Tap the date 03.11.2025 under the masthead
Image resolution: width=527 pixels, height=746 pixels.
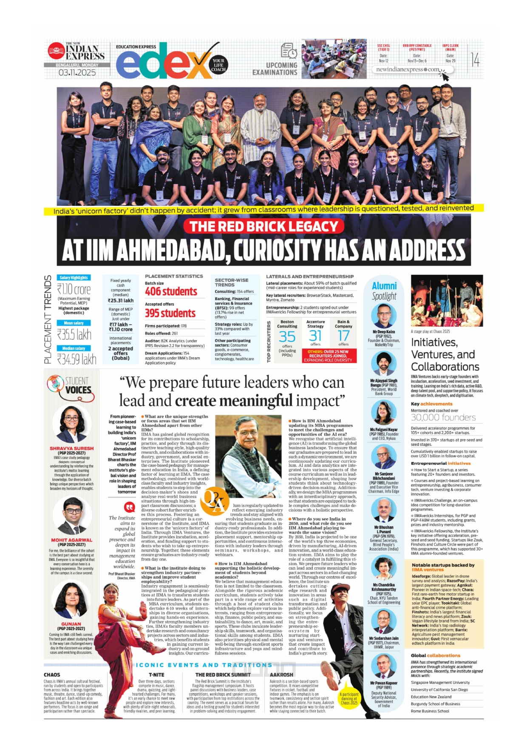(77, 73)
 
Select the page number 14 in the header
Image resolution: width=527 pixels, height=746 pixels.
(475, 60)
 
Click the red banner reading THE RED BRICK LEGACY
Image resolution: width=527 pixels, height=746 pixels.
(263, 226)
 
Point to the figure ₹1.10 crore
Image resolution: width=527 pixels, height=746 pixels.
(74, 290)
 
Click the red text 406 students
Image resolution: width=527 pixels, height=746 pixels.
(171, 292)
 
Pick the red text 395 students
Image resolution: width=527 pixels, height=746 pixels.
(170, 313)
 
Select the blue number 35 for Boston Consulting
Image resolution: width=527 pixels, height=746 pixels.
(287, 337)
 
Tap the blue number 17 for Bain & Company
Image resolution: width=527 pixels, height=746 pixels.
(343, 336)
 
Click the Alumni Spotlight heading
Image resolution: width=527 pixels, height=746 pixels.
(384, 291)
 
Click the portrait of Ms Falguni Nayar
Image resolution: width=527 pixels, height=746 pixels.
(384, 413)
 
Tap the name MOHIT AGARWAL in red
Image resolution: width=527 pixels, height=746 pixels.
(71, 540)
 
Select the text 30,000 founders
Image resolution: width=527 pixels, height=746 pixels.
(443, 418)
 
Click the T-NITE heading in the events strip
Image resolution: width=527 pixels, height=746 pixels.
(156, 675)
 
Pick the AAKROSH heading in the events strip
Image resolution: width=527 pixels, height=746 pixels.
(281, 675)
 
